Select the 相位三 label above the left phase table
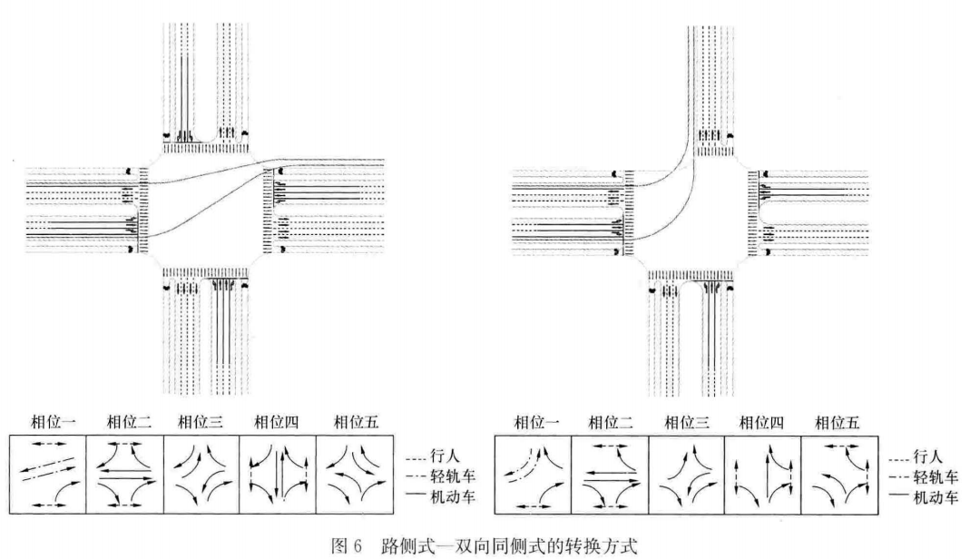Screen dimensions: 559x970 point(199,422)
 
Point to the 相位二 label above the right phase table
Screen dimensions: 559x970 point(611,422)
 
